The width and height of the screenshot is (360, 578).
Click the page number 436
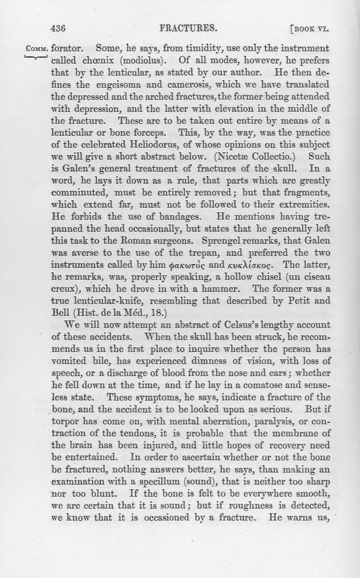[x=58, y=29]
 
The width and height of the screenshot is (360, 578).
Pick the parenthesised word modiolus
[x=144, y=60]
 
